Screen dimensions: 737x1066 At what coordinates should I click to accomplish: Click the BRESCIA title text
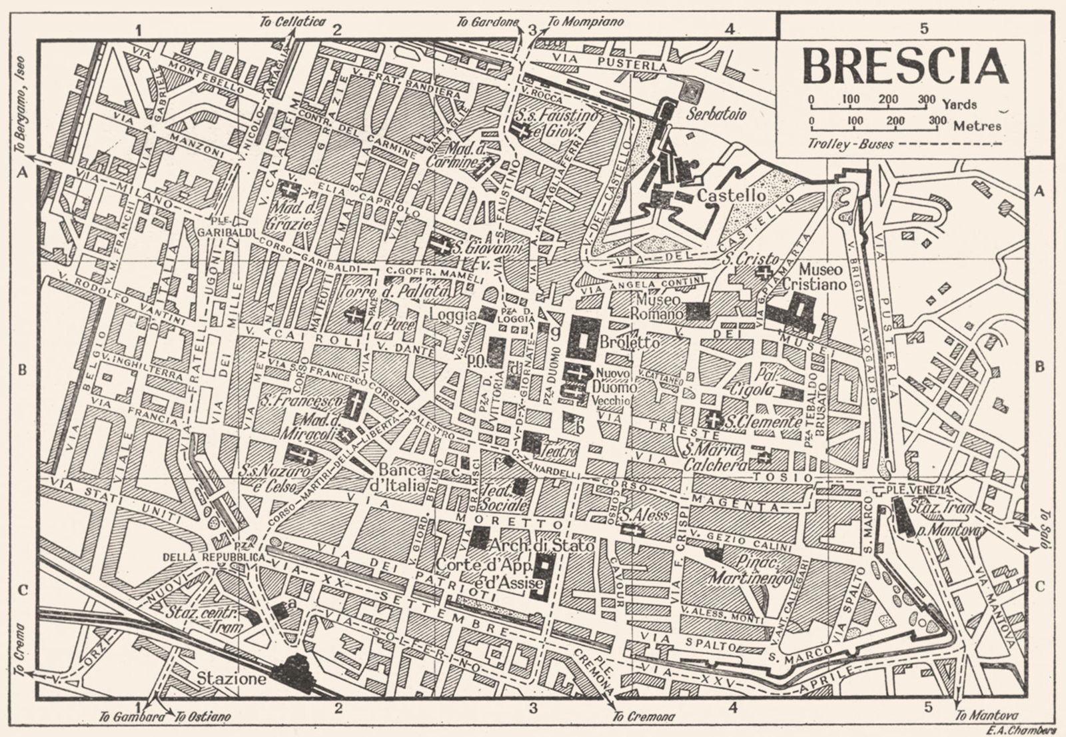pyautogui.click(x=905, y=67)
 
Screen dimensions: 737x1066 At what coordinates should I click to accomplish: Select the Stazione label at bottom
pyautogui.click(x=232, y=680)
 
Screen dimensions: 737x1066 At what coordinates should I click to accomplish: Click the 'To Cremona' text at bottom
pyautogui.click(x=644, y=717)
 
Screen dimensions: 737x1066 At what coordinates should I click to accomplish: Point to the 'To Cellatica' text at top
pyautogui.click(x=292, y=22)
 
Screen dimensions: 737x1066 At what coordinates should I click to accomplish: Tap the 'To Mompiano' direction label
pyautogui.click(x=586, y=22)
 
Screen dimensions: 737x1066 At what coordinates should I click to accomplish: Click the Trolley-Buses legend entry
pyautogui.click(x=849, y=144)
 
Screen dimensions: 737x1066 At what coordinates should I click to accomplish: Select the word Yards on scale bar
pyautogui.click(x=960, y=104)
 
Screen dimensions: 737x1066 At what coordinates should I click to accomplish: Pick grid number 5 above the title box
pyautogui.click(x=923, y=28)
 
